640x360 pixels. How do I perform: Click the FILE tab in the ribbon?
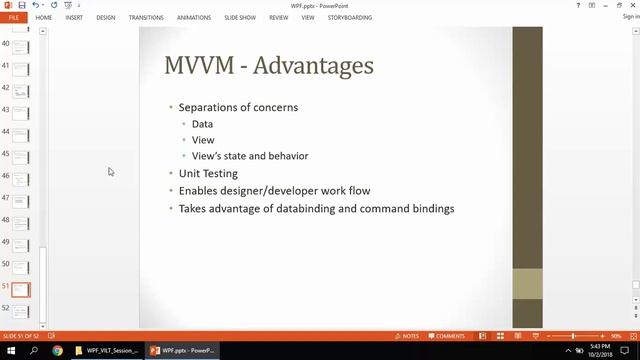click(x=14, y=17)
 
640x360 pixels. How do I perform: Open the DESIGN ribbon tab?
click(x=105, y=17)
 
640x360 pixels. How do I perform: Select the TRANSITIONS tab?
click(x=146, y=17)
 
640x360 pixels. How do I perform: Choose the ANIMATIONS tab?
click(x=194, y=17)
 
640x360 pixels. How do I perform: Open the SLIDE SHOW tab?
click(x=240, y=17)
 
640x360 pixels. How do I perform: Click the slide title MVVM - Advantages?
click(x=268, y=66)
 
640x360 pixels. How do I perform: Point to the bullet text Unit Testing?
click(x=208, y=173)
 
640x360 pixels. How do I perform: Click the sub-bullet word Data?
click(x=202, y=124)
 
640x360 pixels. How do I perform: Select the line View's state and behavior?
click(x=250, y=156)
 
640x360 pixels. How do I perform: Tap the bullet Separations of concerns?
click(x=238, y=107)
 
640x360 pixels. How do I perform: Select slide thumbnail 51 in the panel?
click(x=21, y=289)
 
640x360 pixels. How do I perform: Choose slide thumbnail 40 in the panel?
click(x=21, y=46)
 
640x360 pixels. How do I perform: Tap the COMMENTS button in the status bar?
click(x=446, y=336)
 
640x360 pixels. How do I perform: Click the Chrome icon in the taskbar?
click(x=57, y=351)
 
